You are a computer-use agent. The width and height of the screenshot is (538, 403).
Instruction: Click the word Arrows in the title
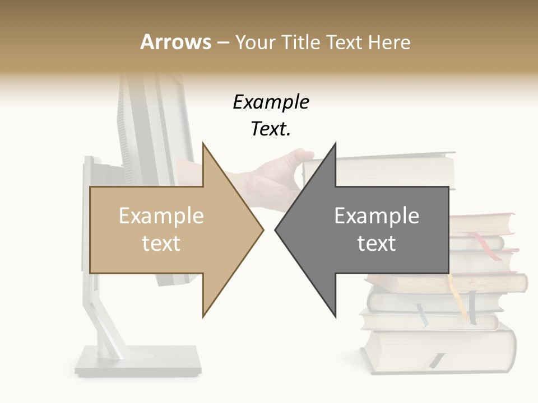tap(175, 42)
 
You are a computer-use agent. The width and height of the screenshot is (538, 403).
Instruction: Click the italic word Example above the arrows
tap(271, 102)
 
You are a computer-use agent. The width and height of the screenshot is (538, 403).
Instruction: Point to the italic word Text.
tap(271, 129)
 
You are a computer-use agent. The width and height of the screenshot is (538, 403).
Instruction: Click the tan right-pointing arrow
tap(168, 229)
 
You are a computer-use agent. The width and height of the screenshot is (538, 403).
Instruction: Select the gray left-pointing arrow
tap(381, 229)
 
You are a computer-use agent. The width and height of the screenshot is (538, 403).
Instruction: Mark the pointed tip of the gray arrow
tap(277, 229)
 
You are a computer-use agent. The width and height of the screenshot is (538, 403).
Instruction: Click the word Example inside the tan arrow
tap(161, 216)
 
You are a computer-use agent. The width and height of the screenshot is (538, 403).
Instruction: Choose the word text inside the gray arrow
tap(377, 243)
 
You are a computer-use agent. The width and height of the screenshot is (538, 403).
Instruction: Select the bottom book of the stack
tap(437, 347)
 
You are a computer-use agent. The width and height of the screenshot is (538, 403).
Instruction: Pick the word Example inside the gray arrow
tap(377, 216)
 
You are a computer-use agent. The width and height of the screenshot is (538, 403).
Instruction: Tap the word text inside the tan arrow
tap(161, 243)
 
